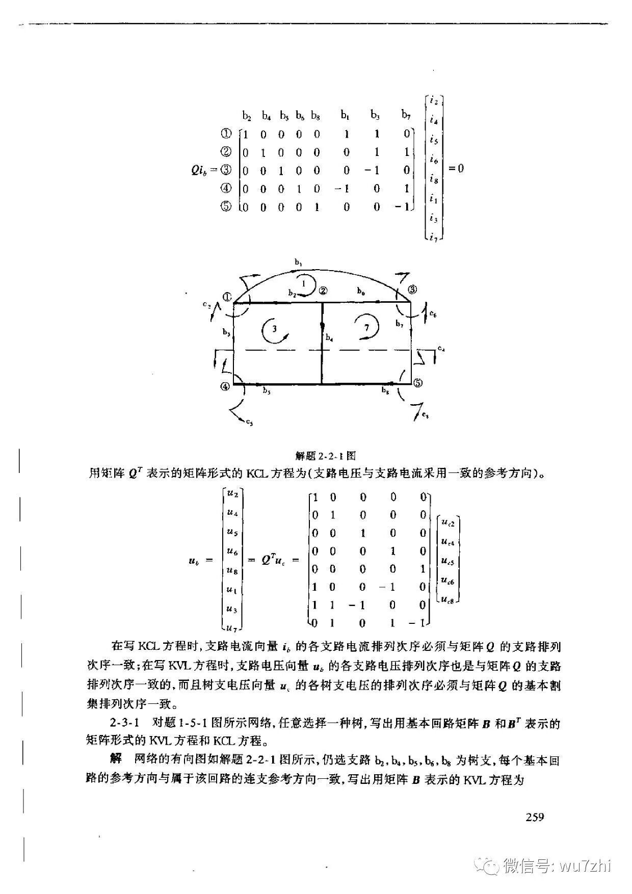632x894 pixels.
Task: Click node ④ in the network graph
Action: point(225,386)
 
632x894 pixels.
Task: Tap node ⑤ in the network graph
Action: point(417,382)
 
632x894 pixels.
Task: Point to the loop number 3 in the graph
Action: point(275,329)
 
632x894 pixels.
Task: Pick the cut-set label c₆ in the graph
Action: point(433,315)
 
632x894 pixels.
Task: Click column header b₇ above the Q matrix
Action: point(406,115)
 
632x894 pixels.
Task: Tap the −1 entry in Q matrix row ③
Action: point(373,170)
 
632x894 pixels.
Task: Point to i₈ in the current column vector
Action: point(434,179)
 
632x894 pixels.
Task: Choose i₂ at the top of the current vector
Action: point(434,100)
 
